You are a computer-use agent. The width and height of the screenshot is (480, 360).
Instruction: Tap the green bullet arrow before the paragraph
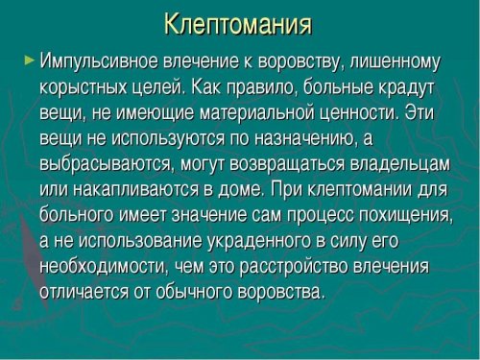[x=28, y=60]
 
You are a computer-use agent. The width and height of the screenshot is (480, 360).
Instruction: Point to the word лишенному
[x=396, y=62]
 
